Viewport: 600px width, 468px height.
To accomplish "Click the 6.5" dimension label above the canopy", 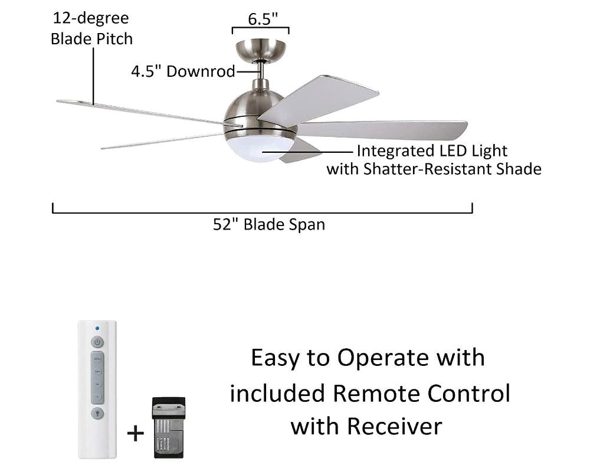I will click(262, 19).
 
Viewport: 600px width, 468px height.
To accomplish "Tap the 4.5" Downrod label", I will click(182, 72).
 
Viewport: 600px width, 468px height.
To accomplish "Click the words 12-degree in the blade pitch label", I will click(90, 19).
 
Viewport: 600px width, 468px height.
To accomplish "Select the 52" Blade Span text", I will click(269, 225).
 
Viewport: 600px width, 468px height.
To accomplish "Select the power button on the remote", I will click(97, 342).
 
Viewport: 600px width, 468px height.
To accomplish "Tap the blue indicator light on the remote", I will click(97, 328).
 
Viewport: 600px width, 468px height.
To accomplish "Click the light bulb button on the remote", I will click(97, 413).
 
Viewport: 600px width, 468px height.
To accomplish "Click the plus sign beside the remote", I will click(136, 434).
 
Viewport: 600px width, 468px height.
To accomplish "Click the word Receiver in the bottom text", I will click(394, 426).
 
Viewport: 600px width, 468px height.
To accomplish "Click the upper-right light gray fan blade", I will click(319, 97).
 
